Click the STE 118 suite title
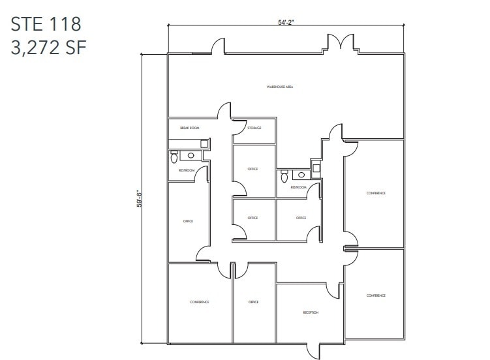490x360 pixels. click(46, 24)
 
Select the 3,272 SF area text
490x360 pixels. click(49, 47)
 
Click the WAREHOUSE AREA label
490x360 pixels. click(279, 86)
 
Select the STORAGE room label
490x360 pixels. click(254, 128)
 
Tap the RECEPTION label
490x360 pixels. click(311, 312)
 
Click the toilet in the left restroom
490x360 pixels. click(174, 157)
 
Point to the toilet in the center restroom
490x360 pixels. click(284, 176)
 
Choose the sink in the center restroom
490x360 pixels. click(301, 175)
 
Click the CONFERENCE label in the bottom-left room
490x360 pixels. click(199, 302)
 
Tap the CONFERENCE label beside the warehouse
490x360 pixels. click(376, 193)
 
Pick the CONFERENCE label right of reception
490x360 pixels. click(376, 295)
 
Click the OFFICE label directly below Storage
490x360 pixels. click(253, 169)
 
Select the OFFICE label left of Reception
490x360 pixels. click(253, 302)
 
